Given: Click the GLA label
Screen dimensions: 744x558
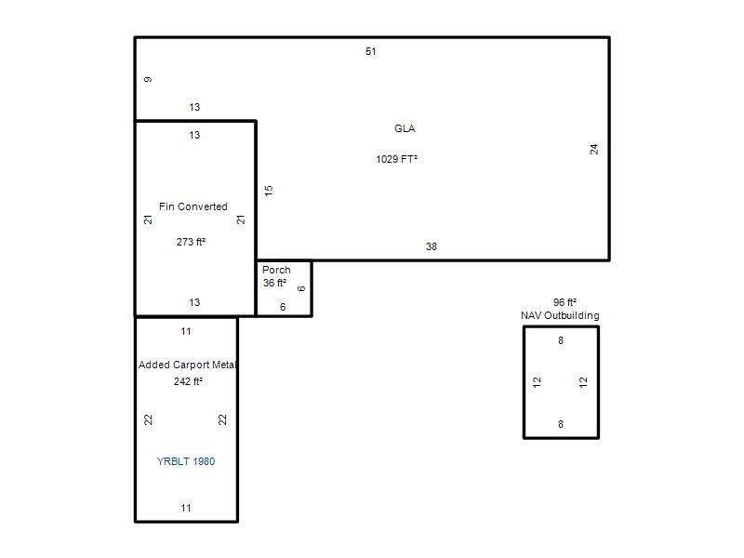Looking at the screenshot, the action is tap(405, 128).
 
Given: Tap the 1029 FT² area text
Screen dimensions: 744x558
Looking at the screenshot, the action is tap(397, 159).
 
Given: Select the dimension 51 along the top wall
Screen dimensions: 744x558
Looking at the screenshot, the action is tap(370, 51).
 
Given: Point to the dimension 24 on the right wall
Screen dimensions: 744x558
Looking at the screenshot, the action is tap(594, 149).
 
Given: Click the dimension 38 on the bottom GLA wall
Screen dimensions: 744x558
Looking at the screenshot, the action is tap(431, 246).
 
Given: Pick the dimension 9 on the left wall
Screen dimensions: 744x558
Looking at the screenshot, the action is tap(148, 79).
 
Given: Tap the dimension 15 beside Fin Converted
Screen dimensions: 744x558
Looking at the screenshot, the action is tap(269, 191).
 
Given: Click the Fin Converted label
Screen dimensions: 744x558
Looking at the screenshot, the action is tap(193, 206).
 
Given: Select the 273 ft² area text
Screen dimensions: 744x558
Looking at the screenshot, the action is tap(191, 242).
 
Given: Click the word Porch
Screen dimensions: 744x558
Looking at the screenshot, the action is tap(276, 270).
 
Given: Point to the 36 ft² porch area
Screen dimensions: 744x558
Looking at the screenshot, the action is tap(274, 283).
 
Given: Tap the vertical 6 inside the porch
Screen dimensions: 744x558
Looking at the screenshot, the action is tap(300, 288).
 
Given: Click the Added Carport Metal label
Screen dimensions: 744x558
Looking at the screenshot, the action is tap(188, 365).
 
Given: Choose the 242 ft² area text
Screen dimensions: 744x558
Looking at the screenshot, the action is tap(188, 381).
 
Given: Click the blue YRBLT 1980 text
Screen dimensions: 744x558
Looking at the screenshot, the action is tap(186, 461).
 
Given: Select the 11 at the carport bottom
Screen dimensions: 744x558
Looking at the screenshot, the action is tap(185, 508).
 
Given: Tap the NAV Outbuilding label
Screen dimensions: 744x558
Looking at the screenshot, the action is tap(560, 315).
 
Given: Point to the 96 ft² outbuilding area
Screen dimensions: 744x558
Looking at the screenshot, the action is tap(565, 302).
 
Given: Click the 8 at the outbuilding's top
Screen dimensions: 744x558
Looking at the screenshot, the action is tap(561, 340).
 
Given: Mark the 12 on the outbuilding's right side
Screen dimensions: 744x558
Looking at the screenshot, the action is tap(583, 382).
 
